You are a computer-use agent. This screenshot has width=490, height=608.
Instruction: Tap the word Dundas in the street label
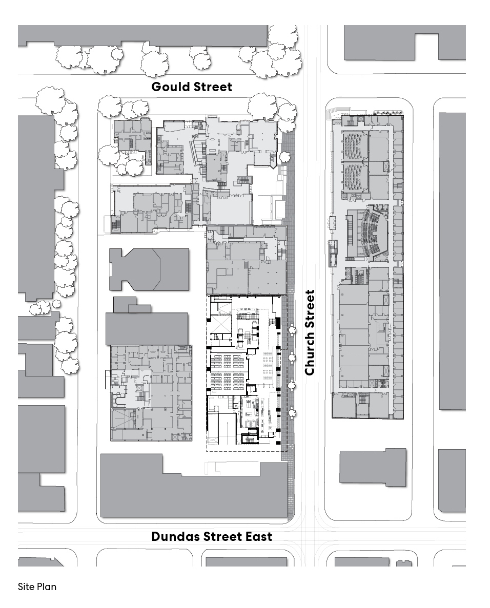(176, 536)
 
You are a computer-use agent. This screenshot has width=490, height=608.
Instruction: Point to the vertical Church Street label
(310, 332)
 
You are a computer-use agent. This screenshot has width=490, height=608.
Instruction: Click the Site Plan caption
(37, 586)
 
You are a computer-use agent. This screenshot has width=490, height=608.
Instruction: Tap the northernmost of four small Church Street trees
(292, 330)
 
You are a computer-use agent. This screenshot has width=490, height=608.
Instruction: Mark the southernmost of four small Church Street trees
(292, 414)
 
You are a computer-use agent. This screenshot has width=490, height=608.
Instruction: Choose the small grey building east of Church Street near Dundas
(373, 467)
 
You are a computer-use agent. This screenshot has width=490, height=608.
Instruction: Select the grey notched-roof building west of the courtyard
(149, 269)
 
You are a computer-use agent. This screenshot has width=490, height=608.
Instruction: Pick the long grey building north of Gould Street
(143, 36)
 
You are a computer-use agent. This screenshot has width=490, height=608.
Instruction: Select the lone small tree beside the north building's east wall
(285, 157)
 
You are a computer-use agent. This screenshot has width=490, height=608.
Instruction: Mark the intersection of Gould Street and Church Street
(312, 86)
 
